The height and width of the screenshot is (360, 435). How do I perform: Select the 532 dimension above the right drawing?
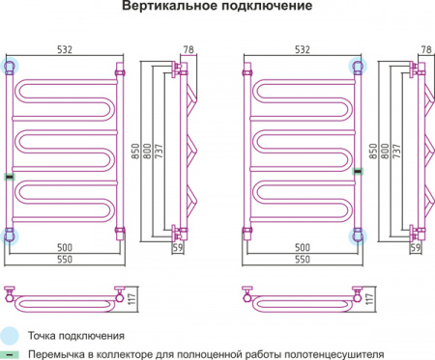304,48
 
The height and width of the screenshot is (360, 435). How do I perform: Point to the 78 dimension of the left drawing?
188,48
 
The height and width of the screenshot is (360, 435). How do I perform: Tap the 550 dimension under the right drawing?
303,262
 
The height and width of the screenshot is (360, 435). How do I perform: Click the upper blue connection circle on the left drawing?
11,66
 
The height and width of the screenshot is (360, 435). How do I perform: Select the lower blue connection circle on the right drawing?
359,234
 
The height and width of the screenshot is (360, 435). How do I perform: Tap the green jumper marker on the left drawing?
10,175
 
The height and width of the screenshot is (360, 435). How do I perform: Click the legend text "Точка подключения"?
76,336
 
